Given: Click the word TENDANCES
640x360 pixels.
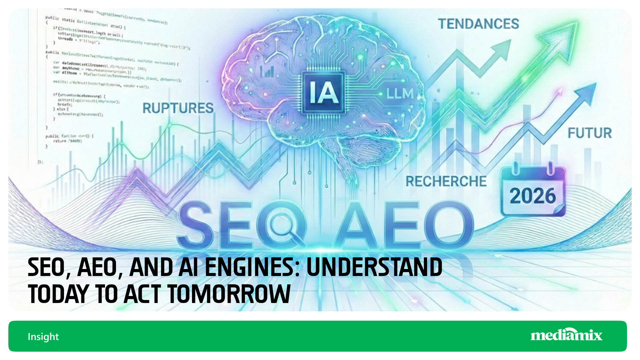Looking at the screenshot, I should coord(478,24).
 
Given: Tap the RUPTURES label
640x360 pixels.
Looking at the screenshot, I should coord(178,108).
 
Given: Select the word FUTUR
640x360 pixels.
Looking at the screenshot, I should coord(590,133).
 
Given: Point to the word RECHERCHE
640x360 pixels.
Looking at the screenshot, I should coord(446,182).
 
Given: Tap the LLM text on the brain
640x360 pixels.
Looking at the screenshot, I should coord(400,94).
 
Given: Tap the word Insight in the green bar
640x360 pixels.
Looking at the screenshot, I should coord(43,337).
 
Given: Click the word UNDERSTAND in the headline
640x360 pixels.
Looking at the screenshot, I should coord(374,267).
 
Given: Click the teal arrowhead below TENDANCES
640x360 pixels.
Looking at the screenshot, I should coord(500,50).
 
